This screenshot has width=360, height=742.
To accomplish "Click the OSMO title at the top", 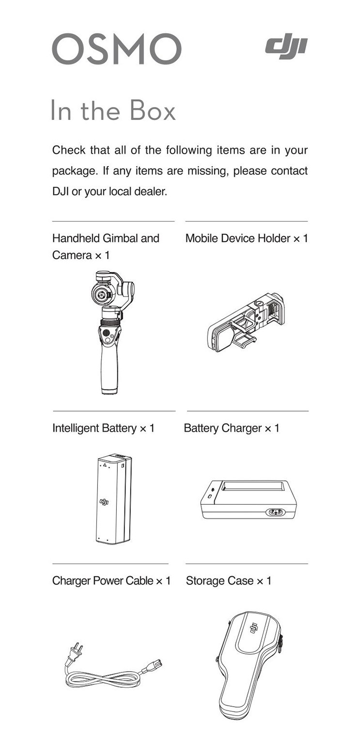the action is coord(117,49).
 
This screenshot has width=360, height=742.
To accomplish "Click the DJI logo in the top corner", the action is coord(286,46).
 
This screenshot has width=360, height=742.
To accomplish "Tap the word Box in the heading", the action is coord(153,110).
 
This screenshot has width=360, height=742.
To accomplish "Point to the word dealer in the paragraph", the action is coord(151,191).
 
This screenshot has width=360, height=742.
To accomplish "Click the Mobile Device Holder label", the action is coord(247,238).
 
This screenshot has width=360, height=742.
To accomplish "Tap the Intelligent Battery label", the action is coord(103,428).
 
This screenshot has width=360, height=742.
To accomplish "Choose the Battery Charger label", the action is coord(232,428).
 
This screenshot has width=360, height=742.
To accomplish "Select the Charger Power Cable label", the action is coord(111,581).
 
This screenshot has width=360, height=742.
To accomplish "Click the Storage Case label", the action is coord(228,581).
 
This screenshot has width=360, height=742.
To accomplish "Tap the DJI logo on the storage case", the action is coord(252,628).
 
